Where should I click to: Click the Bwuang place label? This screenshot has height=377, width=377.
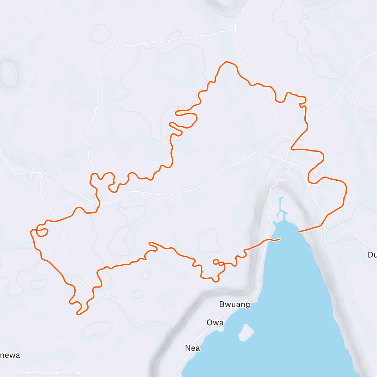pos(235,304)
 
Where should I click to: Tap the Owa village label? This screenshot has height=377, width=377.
pos(215,323)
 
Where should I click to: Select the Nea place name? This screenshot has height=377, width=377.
pos(193,348)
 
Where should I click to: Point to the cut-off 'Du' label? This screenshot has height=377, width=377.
pos(372,255)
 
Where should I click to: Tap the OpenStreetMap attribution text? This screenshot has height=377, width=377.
pos(66,373)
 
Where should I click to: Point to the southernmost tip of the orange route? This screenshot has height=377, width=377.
pos(78,314)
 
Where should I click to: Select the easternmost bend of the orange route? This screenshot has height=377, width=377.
pos(346,188)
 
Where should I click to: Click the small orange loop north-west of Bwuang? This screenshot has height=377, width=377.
pos(216,261)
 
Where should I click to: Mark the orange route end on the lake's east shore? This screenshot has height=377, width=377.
pos(299,232)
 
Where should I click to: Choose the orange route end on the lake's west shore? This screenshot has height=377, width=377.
pos(279,239)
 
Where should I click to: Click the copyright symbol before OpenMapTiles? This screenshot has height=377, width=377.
pos(17,373)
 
